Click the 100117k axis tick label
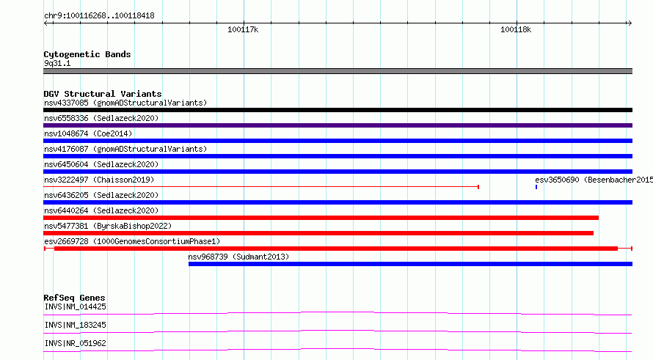coord(243,29)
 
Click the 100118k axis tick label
coord(516,29)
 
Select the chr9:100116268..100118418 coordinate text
coord(99,16)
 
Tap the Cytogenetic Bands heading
coord(87,54)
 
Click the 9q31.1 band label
coord(57,63)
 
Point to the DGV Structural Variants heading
coord(103,94)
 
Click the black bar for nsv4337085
coord(338,110)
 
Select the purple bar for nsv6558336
coord(338,125)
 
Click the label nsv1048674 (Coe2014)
coord(88,133)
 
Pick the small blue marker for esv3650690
coord(536,187)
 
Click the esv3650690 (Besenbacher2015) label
coord(594,180)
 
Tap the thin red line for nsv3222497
coord(261,187)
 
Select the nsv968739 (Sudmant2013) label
coord(238,257)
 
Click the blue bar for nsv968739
coord(410,264)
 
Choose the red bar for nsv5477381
coord(318,233)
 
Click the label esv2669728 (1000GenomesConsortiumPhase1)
coord(132,241)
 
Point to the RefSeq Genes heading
coord(74,298)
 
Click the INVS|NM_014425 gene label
coord(75,307)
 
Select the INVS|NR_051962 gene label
coord(75,343)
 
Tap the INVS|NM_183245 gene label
coord(75,325)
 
